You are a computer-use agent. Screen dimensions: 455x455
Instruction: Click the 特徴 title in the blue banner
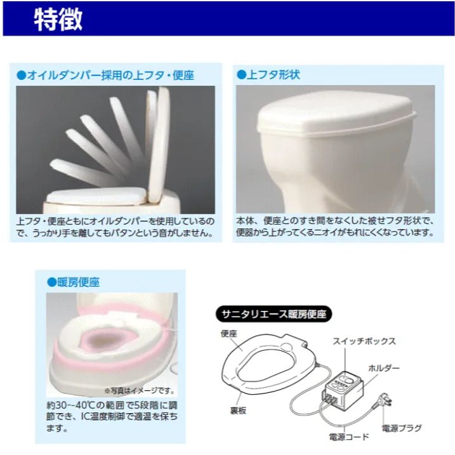58,20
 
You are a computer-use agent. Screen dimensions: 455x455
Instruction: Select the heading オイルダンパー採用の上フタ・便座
110,75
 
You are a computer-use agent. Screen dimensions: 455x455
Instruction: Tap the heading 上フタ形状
274,75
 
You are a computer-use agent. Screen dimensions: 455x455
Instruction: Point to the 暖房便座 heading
78,282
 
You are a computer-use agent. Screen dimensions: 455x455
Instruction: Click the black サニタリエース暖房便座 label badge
274,314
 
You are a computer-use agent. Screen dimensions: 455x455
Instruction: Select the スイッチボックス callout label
364,341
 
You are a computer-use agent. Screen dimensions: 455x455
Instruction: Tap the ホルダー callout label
384,368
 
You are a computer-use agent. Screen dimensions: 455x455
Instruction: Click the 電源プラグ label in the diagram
401,428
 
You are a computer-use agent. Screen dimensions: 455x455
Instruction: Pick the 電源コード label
349,437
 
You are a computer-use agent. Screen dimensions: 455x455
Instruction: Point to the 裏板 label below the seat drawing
238,411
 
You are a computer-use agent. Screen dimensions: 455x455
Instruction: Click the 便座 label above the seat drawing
229,334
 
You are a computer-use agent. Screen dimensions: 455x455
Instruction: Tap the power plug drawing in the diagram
384,400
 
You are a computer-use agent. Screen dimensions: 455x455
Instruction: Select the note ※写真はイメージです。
139,390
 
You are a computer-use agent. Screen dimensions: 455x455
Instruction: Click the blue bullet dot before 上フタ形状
241,75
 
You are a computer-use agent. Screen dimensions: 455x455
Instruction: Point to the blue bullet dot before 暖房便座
51,282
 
